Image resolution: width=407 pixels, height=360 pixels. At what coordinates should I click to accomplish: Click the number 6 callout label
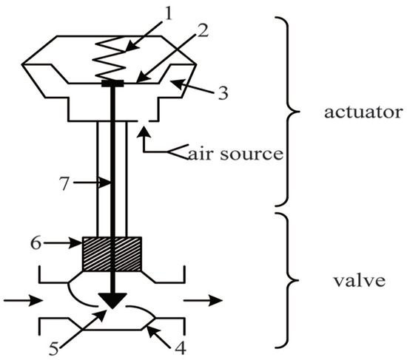coord(53,241)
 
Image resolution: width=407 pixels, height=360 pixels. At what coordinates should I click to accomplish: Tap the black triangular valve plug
coord(112,300)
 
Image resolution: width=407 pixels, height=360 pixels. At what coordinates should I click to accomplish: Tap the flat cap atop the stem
coord(112,84)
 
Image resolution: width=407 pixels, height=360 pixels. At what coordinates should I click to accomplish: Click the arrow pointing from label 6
coord(70,241)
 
